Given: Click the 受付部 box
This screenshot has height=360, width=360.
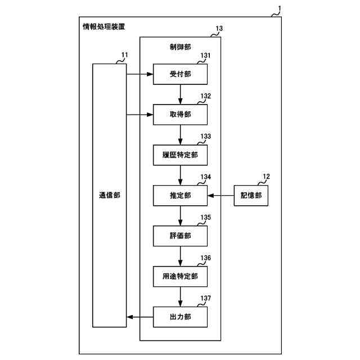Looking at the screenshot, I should [x=180, y=74].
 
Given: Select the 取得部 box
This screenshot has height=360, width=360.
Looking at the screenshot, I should [x=180, y=114].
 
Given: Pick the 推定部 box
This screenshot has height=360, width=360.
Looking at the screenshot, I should [x=180, y=195].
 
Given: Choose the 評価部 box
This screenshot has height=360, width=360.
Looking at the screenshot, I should [x=180, y=235].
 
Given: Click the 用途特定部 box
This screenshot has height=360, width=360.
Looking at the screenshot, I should [x=180, y=276].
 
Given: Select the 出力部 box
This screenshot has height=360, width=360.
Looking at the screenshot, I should [x=180, y=317].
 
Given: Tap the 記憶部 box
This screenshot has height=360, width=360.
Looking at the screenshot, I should [x=251, y=195].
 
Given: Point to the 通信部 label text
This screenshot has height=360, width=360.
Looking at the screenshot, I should [x=109, y=195].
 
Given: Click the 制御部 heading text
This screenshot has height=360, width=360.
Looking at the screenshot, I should [x=180, y=48].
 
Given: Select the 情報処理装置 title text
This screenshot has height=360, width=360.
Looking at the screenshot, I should [x=104, y=26].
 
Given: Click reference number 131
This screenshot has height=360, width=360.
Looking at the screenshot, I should [x=205, y=56].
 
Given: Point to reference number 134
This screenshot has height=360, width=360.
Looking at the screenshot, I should [x=205, y=177].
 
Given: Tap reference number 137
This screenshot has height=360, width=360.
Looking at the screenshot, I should [x=205, y=298].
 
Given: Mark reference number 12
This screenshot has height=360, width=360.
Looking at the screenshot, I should [x=265, y=177].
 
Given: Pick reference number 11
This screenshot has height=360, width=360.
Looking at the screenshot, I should [x=124, y=55].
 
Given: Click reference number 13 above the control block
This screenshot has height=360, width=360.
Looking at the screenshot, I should [x=219, y=28].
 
